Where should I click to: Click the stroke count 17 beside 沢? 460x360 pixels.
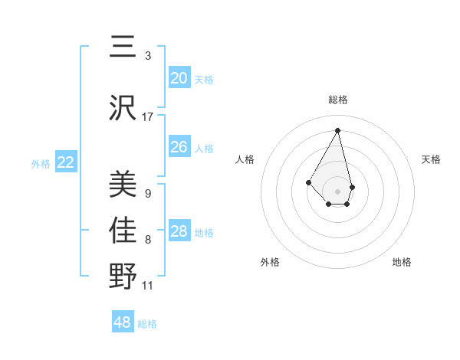(x=148, y=116)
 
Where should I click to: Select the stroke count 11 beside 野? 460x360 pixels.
(x=148, y=286)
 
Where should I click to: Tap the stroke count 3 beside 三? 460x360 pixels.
(x=148, y=55)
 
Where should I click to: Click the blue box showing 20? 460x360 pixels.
(x=179, y=78)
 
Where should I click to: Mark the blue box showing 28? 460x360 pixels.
(x=179, y=231)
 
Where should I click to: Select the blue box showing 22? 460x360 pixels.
(x=66, y=162)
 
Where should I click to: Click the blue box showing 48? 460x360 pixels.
(x=123, y=322)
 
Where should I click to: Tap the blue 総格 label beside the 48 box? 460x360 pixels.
(x=147, y=324)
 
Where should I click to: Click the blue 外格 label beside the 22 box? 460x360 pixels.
(x=41, y=164)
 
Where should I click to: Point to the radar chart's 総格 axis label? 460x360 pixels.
(x=337, y=100)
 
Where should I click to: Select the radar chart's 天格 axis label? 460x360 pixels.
(x=431, y=159)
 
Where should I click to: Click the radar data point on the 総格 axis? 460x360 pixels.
(x=337, y=129)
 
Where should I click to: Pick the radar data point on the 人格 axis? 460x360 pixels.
(x=308, y=182)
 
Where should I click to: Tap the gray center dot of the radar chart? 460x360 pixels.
(x=337, y=191)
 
